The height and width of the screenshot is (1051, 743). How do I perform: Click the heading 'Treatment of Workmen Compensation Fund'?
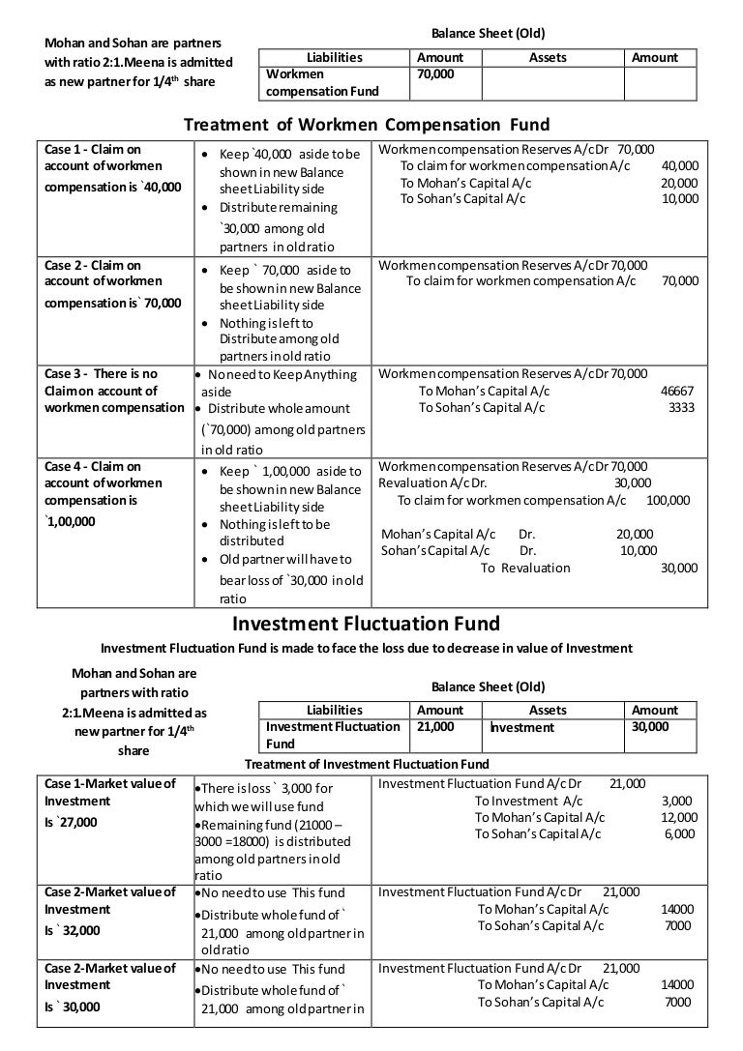pos(367,125)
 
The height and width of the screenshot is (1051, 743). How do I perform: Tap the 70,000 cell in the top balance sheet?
pos(435,73)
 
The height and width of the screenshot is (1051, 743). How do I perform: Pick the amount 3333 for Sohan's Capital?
pos(681,408)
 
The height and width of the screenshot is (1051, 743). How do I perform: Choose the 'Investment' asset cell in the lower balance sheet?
pos(521,727)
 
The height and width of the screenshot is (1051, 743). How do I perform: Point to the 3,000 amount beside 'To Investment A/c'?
pos(677,801)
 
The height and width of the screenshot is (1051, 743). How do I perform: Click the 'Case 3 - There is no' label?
pos(102,373)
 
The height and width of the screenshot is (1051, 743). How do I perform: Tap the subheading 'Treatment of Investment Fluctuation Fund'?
pos(367,763)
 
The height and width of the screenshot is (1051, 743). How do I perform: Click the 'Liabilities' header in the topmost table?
pos(334,57)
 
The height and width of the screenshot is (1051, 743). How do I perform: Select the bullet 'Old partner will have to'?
pos(285,559)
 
